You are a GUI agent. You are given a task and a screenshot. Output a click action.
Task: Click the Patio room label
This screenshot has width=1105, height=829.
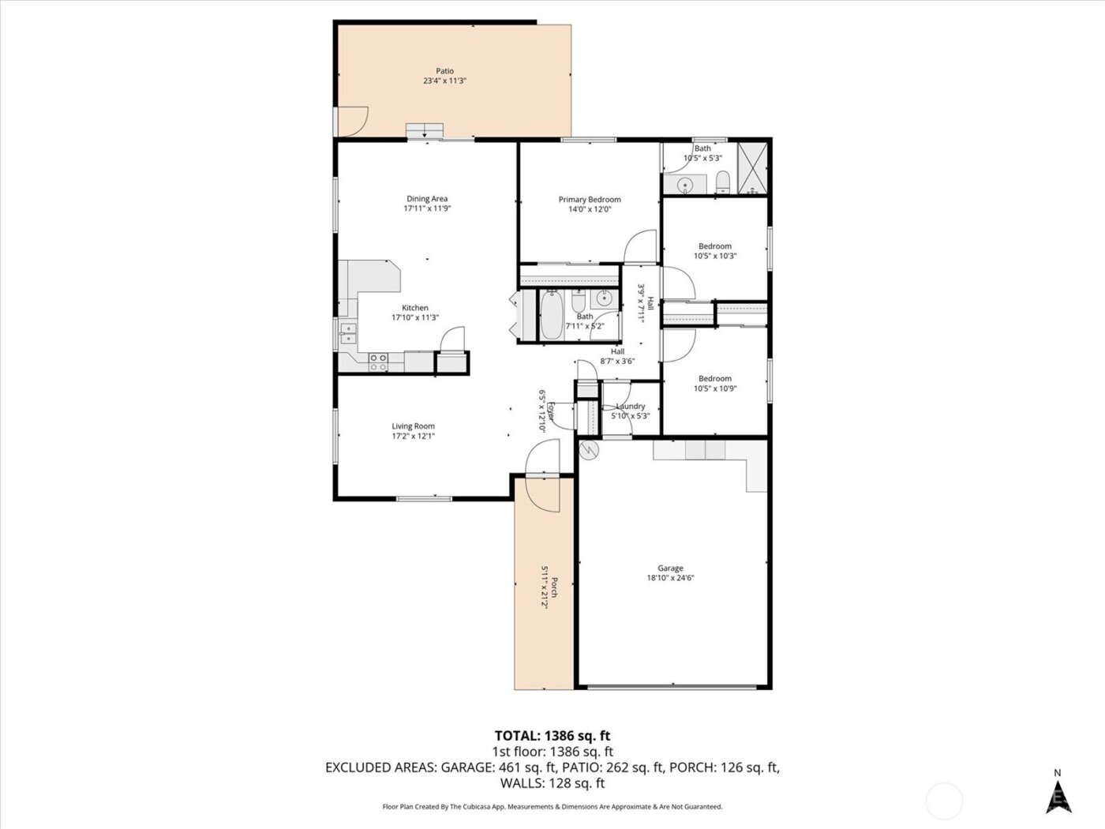pyautogui.click(x=444, y=71)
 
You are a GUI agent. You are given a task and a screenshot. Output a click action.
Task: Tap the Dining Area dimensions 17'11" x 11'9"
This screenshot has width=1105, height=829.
pyautogui.click(x=427, y=209)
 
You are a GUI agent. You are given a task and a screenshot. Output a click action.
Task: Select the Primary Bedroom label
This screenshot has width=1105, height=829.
pyautogui.click(x=590, y=200)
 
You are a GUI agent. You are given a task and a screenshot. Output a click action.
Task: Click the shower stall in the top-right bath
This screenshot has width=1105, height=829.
pyautogui.click(x=753, y=168)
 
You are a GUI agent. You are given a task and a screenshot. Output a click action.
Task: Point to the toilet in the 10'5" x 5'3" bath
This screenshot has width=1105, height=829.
pyautogui.click(x=722, y=184)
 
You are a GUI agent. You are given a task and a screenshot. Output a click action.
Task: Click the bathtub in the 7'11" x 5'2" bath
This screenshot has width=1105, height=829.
pyautogui.click(x=551, y=317)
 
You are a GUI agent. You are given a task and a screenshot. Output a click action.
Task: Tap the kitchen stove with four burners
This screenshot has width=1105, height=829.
pyautogui.click(x=379, y=362)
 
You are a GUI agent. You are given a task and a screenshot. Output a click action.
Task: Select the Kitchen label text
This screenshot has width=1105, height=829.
pyautogui.click(x=415, y=308)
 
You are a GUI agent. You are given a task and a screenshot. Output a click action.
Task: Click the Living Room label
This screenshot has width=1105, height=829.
pyautogui.click(x=414, y=426)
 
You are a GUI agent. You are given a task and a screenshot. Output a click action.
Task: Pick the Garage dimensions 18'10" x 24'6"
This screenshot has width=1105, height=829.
pyautogui.click(x=670, y=578)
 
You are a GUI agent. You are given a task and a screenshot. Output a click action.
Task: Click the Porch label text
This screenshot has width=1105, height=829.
pyautogui.click(x=555, y=587)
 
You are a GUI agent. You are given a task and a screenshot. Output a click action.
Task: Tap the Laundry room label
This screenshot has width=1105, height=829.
pyautogui.click(x=631, y=407)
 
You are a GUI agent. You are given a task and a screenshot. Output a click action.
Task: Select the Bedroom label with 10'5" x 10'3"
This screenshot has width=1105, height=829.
pyautogui.click(x=714, y=246)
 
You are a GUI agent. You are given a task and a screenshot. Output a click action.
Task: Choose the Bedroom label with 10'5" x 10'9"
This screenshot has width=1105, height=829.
pyautogui.click(x=714, y=379)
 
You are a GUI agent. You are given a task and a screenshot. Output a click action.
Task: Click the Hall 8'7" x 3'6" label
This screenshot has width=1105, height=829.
pyautogui.click(x=617, y=352)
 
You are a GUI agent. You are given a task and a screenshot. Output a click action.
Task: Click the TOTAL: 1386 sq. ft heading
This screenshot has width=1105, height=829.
pyautogui.click(x=552, y=736)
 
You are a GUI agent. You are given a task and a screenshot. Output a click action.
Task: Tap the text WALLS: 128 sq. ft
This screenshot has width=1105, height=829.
pyautogui.click(x=552, y=783)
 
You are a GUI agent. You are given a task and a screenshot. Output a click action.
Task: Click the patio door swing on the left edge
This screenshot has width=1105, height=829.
pyautogui.click(x=351, y=121)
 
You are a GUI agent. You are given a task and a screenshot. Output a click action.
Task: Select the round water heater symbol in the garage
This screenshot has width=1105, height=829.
pyautogui.click(x=589, y=450)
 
